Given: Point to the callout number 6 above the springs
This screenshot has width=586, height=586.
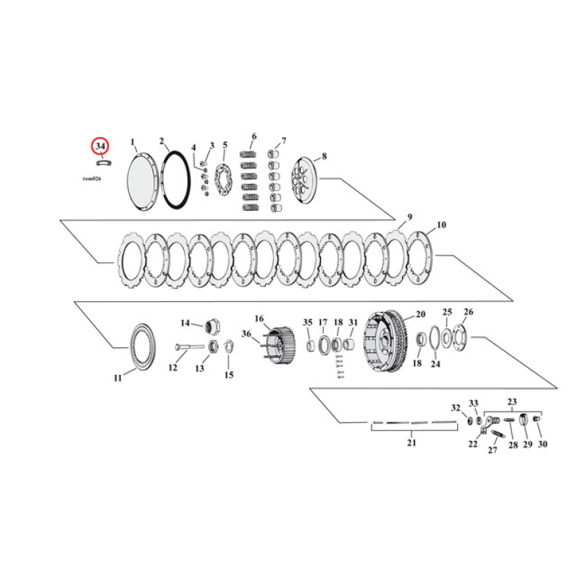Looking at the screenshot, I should tap(253, 137).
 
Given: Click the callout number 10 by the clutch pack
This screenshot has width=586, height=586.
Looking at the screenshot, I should tap(440, 225).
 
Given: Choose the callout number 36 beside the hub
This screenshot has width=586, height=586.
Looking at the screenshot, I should tap(247, 335).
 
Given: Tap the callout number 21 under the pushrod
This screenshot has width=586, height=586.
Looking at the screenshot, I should tap(411, 443).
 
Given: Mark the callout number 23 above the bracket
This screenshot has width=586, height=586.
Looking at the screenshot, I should tap(512, 402).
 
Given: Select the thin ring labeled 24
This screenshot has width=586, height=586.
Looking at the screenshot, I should tap(434, 339).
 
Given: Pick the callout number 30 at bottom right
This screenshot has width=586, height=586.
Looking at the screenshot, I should tap(542, 444).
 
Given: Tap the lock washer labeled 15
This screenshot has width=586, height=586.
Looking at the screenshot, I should tap(228, 346).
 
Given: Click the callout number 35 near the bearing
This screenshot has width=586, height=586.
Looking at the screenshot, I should tap(308, 322).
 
